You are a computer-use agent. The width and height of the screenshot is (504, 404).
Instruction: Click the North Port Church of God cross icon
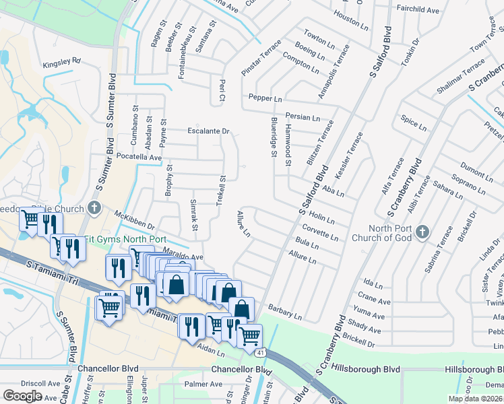(x=422, y=232)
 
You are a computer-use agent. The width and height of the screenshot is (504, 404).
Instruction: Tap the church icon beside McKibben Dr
(x=94, y=207)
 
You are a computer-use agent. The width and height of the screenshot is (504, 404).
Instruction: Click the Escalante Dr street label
(x=209, y=131)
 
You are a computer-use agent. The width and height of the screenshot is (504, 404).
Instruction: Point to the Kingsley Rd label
(x=61, y=61)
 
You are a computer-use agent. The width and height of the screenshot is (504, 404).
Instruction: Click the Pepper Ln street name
(x=265, y=98)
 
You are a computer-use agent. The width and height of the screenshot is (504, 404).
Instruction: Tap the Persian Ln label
(x=303, y=117)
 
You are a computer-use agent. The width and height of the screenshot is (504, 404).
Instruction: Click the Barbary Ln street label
(x=285, y=311)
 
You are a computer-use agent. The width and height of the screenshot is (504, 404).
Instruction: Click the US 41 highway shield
(x=261, y=352)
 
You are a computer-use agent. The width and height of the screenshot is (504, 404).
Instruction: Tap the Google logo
(x=22, y=396)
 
